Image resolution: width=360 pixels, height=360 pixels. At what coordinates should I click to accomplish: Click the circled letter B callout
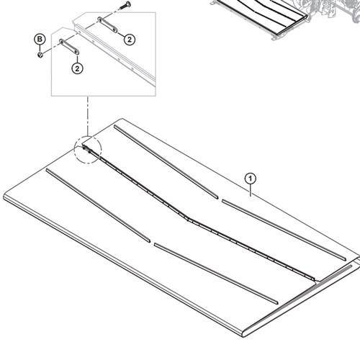click(x=40, y=39)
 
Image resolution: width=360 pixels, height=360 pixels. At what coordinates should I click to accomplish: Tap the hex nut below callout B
click(x=40, y=55)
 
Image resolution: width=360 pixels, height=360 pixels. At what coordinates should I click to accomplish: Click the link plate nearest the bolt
click(x=107, y=24)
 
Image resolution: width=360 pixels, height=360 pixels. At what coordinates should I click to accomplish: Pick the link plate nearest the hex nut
click(x=69, y=47)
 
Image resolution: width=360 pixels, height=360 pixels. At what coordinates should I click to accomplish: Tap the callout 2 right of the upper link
click(x=130, y=40)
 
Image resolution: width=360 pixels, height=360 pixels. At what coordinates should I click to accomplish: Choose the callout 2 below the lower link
click(x=77, y=68)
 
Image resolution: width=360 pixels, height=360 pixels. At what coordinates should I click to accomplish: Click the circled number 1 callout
click(x=251, y=179)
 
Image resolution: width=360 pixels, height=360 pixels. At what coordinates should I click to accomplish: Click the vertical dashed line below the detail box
click(x=88, y=116)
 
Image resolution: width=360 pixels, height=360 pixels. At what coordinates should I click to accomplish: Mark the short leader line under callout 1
click(x=251, y=190)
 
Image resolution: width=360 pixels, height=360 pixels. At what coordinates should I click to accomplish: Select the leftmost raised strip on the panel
click(x=98, y=204)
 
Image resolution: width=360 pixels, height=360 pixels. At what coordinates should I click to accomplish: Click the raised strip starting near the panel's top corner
click(x=166, y=161)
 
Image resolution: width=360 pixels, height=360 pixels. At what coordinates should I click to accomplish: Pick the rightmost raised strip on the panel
click(x=284, y=230)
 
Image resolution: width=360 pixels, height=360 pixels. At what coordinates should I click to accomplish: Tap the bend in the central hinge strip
click(x=188, y=219)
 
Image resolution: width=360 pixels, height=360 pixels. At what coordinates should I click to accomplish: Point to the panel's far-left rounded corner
click(x=5, y=195)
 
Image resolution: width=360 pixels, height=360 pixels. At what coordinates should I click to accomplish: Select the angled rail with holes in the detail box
click(x=115, y=55)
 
